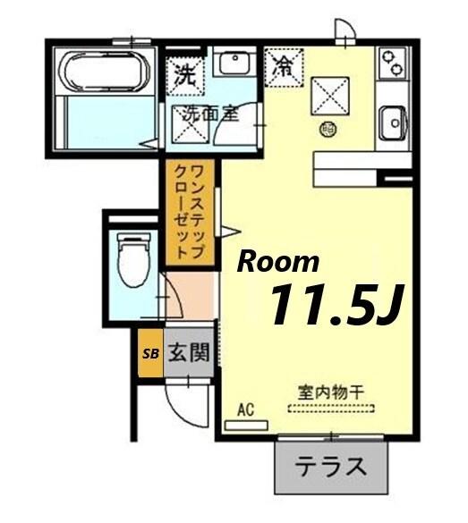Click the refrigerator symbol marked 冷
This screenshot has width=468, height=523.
[285, 66]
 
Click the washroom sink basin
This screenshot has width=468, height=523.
[234, 63]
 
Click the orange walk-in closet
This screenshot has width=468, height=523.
[189, 213]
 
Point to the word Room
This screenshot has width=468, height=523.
[277, 261]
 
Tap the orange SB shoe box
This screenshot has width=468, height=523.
[149, 352]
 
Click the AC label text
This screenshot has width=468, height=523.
[246, 409]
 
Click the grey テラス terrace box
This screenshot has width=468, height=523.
[332, 467]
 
